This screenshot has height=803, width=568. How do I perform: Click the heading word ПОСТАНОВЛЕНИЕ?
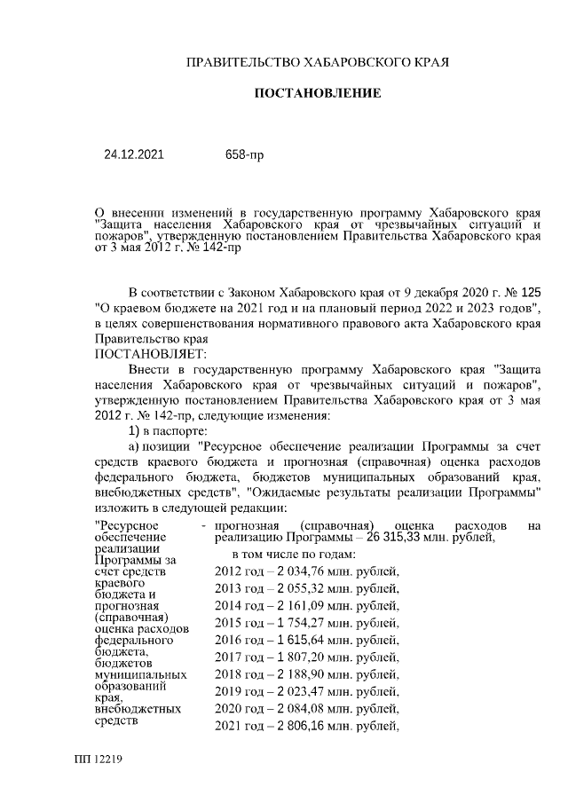[x=319, y=93]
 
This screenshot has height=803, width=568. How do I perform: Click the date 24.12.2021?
[x=134, y=154]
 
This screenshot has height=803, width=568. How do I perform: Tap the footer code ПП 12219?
[x=99, y=760]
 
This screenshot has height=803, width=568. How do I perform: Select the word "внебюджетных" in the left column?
[x=137, y=709]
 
